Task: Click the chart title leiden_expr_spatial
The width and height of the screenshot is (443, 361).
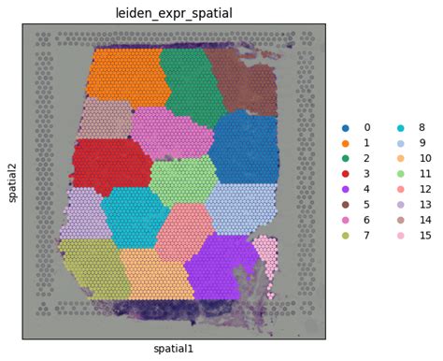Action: coord(174,12)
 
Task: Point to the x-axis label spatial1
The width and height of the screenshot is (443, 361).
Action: coord(174,349)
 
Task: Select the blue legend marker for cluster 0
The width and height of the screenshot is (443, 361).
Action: coord(347,127)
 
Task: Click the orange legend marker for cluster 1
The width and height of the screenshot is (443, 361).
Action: coord(347,144)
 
